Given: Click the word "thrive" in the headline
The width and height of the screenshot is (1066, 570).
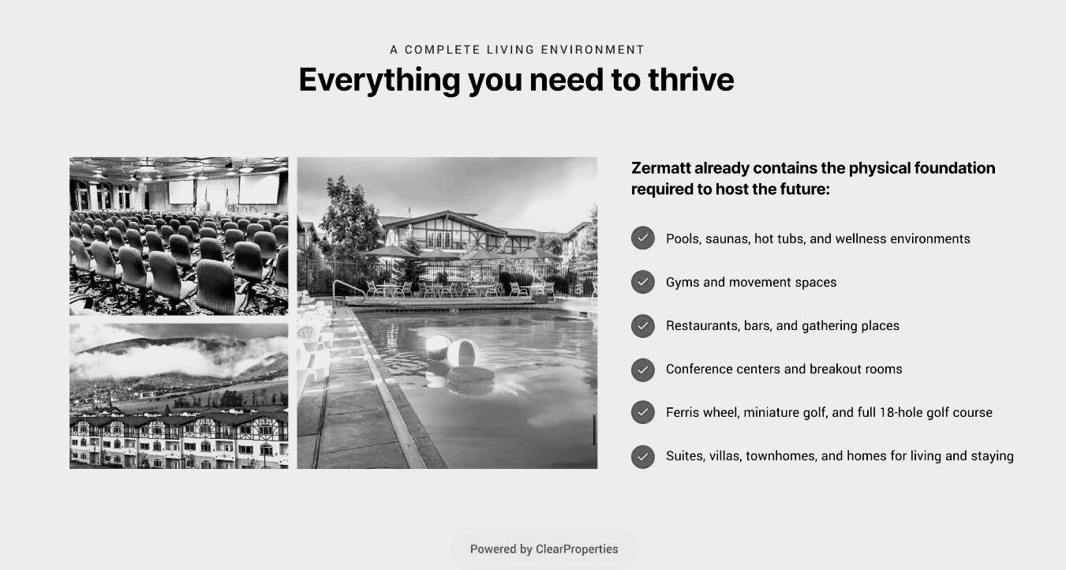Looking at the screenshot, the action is pos(690,80).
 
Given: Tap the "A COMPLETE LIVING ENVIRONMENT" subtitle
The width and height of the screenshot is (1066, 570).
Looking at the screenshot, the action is pos(517,50).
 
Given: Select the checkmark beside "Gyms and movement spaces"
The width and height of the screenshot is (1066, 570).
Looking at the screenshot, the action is pos(642,282).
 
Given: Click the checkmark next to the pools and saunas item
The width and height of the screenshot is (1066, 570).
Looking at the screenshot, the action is pos(642,238).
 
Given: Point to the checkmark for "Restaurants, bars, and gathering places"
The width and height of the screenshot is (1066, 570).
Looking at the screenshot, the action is pos(642,326).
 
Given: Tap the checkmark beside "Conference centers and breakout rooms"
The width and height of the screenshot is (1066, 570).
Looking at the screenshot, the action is pos(642,369).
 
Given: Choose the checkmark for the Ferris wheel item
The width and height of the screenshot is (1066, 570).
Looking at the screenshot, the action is pos(642,412).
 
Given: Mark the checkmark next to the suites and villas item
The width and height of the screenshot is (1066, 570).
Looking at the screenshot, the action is pos(642,456).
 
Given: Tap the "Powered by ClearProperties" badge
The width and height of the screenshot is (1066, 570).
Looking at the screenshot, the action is pos(544,549).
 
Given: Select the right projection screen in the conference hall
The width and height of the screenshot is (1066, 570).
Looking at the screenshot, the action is pos(259,189).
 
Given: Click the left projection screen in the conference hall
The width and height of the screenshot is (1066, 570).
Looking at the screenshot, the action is pos(181,192).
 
